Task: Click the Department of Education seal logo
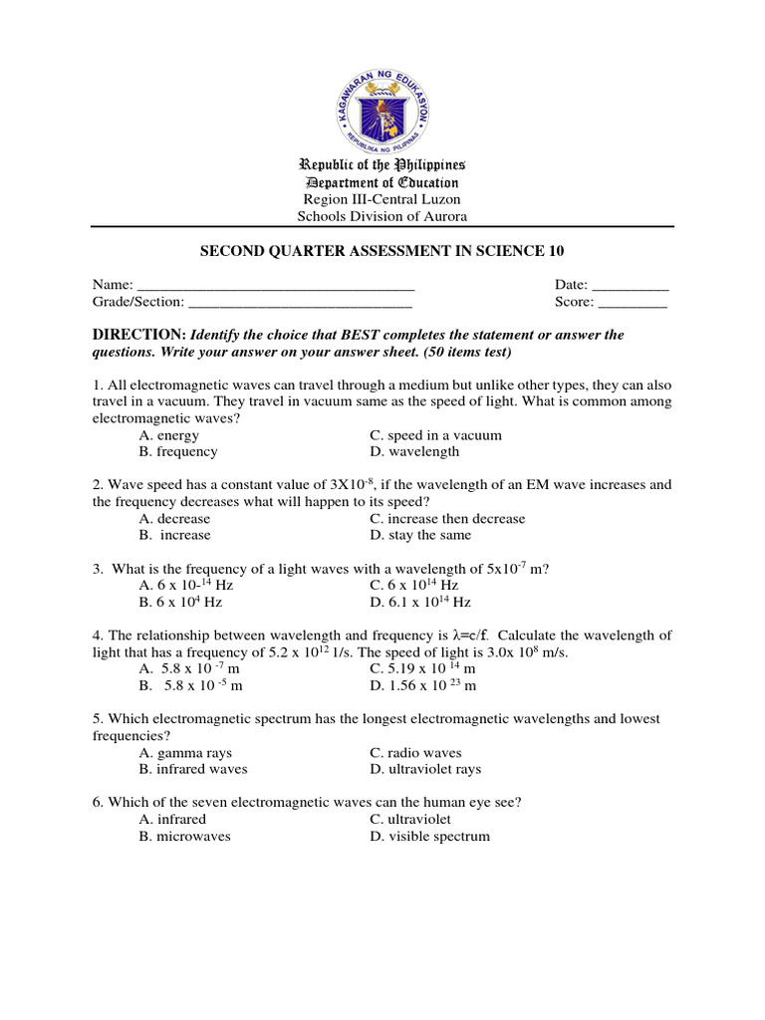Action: pos(382,108)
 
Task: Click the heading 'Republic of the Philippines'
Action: pos(382,164)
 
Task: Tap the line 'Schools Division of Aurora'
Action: pos(382,216)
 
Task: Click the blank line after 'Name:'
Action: pos(275,286)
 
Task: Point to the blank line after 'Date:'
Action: pos(631,286)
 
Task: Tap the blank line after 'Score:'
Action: pos(633,302)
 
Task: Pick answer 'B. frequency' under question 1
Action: pos(178,451)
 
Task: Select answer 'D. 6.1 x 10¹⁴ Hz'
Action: pos(419,603)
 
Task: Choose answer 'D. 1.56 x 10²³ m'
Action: pos(422,686)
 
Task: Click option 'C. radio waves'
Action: pos(415,753)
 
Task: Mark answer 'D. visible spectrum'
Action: pos(429,837)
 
